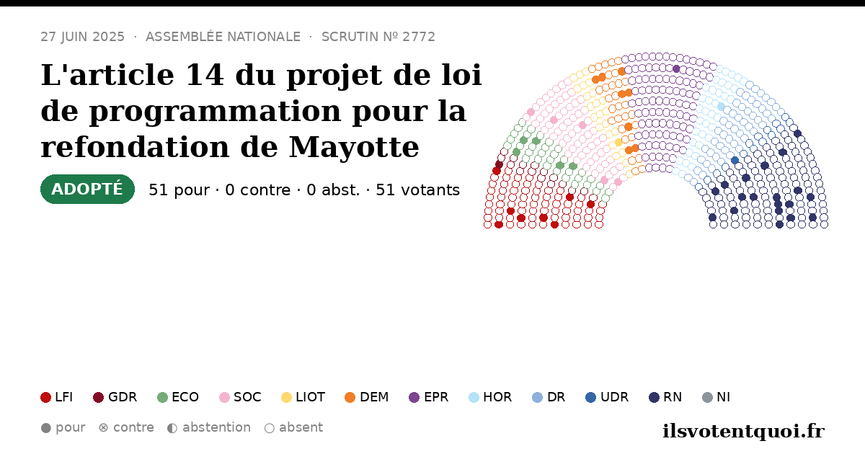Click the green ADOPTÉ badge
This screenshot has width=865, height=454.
coord(87,189)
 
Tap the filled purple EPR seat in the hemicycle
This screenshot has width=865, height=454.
coord(676,69)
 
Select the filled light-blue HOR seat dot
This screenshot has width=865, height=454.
coord(721,107)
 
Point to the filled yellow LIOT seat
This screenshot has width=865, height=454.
coord(618,143)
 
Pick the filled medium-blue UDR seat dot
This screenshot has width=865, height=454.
coord(735,160)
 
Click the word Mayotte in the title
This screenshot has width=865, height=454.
coord(354,147)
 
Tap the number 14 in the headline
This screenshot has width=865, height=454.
coord(205,74)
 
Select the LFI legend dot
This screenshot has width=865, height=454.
coord(45,397)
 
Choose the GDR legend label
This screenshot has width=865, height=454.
coord(123,397)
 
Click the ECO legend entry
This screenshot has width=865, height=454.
coord(178,397)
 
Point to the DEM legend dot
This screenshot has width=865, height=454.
coord(350,397)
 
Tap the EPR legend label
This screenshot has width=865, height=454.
coord(436,397)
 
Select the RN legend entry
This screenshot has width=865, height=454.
coord(665,397)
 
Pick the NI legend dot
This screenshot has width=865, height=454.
coord(707,397)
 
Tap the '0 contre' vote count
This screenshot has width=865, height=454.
coord(258,190)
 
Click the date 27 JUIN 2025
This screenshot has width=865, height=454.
coord(83,37)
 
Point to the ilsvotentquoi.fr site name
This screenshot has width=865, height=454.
coord(744,431)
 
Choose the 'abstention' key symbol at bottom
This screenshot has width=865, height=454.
coord(172,428)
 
